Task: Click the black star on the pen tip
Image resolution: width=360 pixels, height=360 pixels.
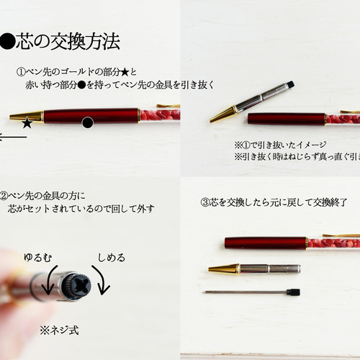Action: pos(27,123)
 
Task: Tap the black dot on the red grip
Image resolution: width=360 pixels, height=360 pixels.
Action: pos(88,123)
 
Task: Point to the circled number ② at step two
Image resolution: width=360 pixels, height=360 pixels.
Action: pos(4,195)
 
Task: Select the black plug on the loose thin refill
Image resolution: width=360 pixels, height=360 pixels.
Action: pos(292,292)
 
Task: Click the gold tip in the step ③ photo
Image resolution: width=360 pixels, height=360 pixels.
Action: pos(220,269)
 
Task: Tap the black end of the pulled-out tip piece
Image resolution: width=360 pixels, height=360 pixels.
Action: pos(289,85)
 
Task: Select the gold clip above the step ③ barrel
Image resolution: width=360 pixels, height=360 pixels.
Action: pos(348,235)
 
